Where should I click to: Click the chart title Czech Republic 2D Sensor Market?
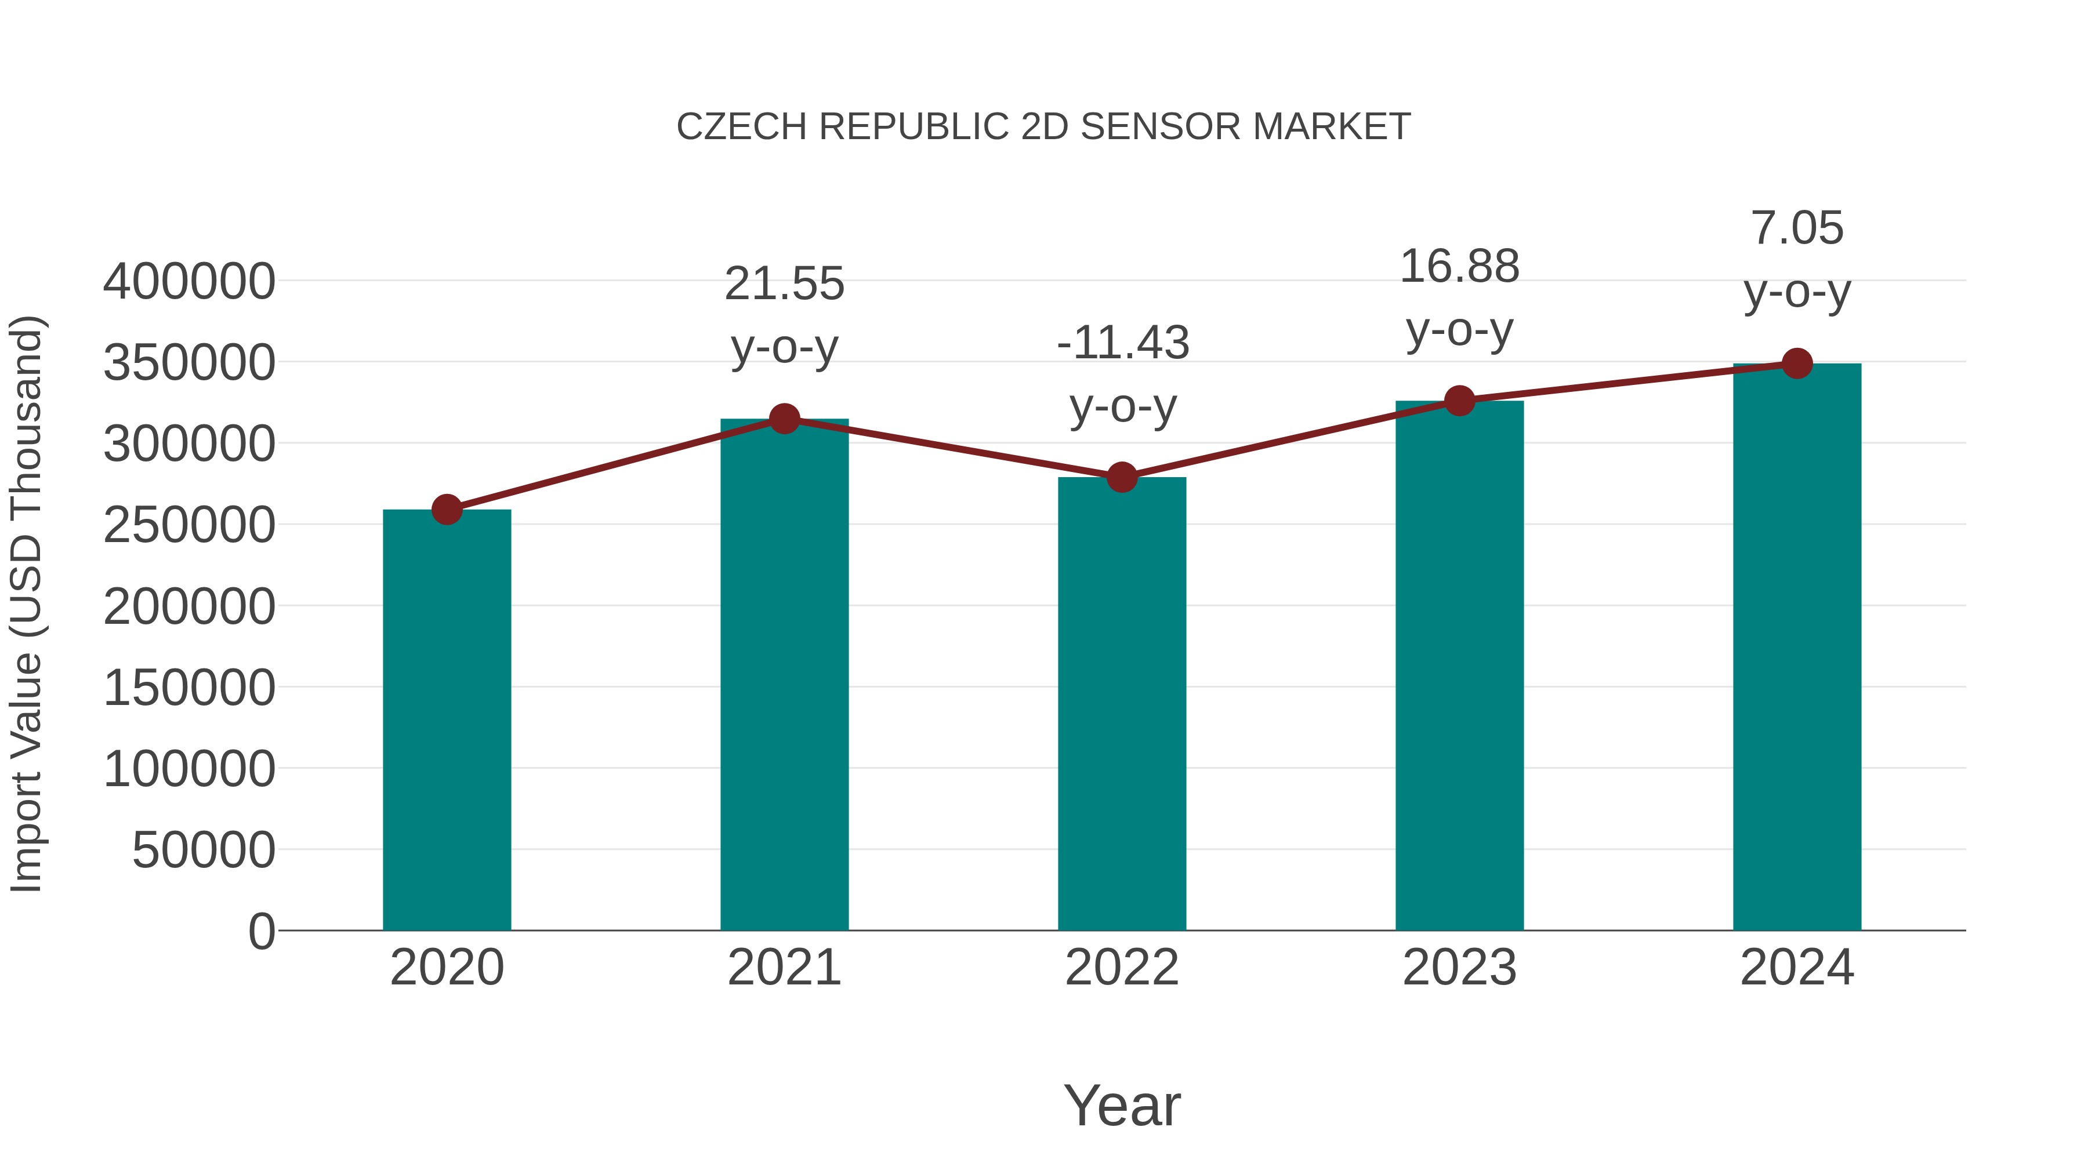point(1043,127)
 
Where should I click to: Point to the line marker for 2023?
point(1459,400)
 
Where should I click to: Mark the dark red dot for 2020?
point(447,510)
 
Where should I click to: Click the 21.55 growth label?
point(784,285)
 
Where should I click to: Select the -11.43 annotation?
point(1123,343)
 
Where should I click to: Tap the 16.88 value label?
point(1459,267)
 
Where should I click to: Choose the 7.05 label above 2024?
point(1797,228)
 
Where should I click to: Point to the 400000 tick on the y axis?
point(189,282)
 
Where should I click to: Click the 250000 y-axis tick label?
point(189,525)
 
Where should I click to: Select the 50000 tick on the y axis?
point(204,850)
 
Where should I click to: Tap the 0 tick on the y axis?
point(261,931)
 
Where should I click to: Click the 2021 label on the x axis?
point(784,968)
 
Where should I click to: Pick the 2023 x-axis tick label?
point(1459,968)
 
